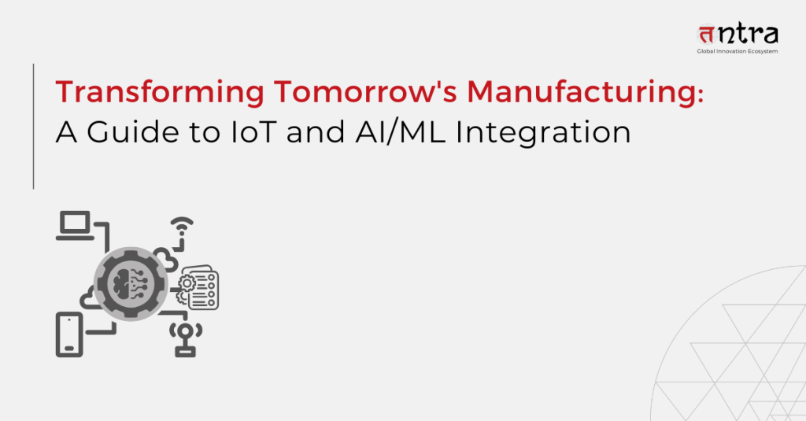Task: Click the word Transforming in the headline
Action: (160, 93)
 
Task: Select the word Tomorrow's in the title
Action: (365, 92)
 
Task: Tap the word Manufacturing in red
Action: (582, 93)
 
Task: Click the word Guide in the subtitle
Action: (133, 132)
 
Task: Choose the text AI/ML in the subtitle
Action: (401, 132)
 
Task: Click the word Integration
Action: (543, 133)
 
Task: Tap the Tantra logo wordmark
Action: (738, 34)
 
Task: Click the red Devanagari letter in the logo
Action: (707, 35)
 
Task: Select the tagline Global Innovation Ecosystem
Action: (737, 51)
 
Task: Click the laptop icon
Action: (75, 225)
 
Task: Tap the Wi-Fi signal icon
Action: (182, 227)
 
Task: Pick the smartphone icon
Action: (69, 334)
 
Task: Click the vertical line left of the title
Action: (33, 127)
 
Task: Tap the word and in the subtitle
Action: (315, 132)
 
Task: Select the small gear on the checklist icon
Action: (187, 283)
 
